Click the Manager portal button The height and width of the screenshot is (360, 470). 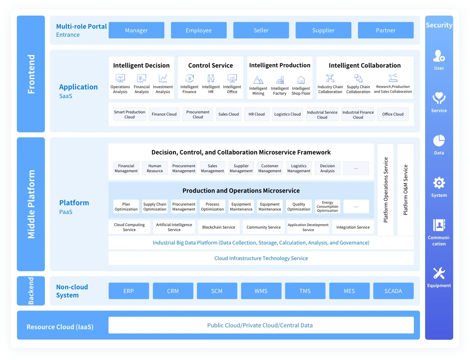tap(136, 30)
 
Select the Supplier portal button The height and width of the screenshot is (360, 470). tap(323, 30)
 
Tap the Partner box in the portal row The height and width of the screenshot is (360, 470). tap(385, 30)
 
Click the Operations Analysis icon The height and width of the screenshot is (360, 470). tap(120, 78)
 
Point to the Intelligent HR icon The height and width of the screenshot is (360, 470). tap(211, 78)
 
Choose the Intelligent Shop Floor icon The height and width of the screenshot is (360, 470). tap(301, 80)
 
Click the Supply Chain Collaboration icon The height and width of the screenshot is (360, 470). tap(358, 78)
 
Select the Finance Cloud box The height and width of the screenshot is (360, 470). tap(164, 114)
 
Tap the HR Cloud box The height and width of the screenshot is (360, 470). tap(257, 114)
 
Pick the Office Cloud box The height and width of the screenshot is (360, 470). tap(393, 114)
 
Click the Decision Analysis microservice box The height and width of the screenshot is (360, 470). tap(327, 168)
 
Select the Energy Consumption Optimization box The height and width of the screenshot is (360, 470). tap(327, 206)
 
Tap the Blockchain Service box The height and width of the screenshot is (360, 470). tap(218, 227)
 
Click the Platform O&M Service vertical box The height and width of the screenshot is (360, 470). tap(405, 190)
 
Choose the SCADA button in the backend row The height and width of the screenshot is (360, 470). tap(393, 291)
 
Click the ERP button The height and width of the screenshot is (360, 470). tap(128, 291)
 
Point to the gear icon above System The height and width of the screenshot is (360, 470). tap(439, 183)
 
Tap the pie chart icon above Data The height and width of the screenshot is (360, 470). tap(439, 141)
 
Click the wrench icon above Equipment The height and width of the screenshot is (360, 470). tap(439, 273)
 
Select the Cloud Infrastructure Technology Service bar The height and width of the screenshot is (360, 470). tap(261, 258)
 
